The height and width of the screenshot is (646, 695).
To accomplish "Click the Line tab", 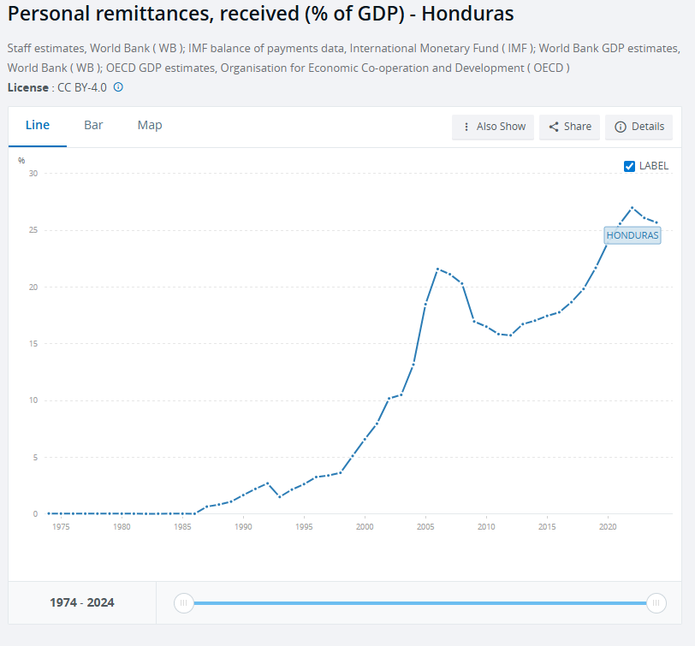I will click(38, 125).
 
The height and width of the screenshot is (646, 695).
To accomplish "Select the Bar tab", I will click(93, 125).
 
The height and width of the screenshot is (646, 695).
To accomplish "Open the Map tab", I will click(150, 125).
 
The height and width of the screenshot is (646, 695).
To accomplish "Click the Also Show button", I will click(493, 127).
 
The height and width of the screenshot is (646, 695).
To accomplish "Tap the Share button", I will click(569, 127).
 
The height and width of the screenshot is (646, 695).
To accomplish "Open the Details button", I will click(639, 127).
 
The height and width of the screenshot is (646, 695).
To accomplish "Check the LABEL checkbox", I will click(629, 166).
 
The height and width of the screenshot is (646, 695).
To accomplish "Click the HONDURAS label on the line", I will click(633, 234).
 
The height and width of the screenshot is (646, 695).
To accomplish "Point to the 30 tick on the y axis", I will click(33, 174).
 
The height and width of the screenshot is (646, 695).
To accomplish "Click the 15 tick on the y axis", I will click(33, 344).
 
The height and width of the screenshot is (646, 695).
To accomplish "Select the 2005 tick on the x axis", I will click(425, 527).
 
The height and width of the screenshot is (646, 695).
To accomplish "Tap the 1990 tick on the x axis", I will click(243, 527).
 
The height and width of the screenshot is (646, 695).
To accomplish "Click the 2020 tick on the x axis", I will click(607, 527).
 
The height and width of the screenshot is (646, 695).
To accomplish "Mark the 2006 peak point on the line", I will click(437, 270).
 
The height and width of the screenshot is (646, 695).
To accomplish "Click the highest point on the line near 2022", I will click(632, 207).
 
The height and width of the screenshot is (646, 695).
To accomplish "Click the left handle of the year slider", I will click(183, 603).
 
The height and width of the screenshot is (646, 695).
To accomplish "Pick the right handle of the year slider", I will click(656, 603).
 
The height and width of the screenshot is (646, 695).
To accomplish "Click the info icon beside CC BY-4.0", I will click(118, 87).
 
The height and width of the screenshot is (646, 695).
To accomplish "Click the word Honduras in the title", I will click(466, 15).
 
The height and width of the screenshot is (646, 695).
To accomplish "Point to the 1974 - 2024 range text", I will click(82, 603).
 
